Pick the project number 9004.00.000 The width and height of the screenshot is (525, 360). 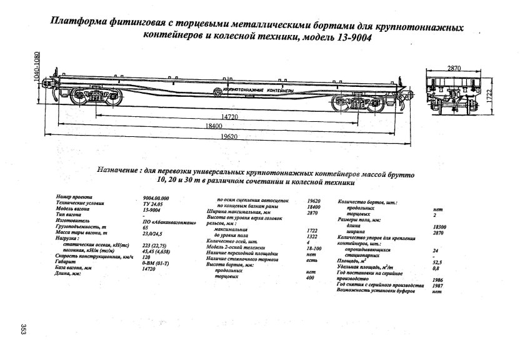click(x=156, y=197)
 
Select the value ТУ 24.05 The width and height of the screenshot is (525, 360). click(x=152, y=204)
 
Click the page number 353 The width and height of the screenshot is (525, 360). click(x=20, y=330)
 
